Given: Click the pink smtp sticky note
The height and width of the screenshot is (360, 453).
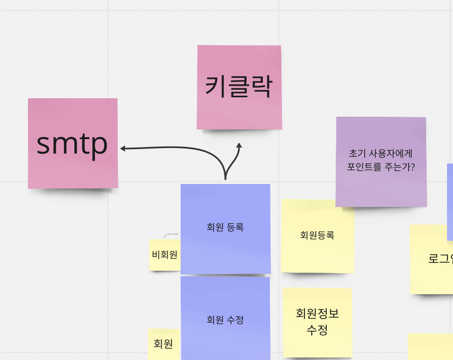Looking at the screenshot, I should [x=73, y=165].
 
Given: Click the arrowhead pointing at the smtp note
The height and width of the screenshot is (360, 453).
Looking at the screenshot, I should [x=122, y=148].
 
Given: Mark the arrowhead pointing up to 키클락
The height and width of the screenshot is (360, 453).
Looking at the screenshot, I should [x=239, y=145].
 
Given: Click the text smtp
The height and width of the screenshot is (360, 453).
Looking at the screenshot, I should [x=72, y=143].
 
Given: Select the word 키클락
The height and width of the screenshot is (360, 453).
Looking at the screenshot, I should [x=239, y=87].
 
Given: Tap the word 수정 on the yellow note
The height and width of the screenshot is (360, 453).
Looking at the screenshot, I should [x=317, y=330].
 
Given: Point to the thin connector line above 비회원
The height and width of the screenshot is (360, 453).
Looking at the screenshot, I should [x=171, y=234].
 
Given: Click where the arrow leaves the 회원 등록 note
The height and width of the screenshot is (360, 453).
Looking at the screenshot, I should [x=226, y=180].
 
